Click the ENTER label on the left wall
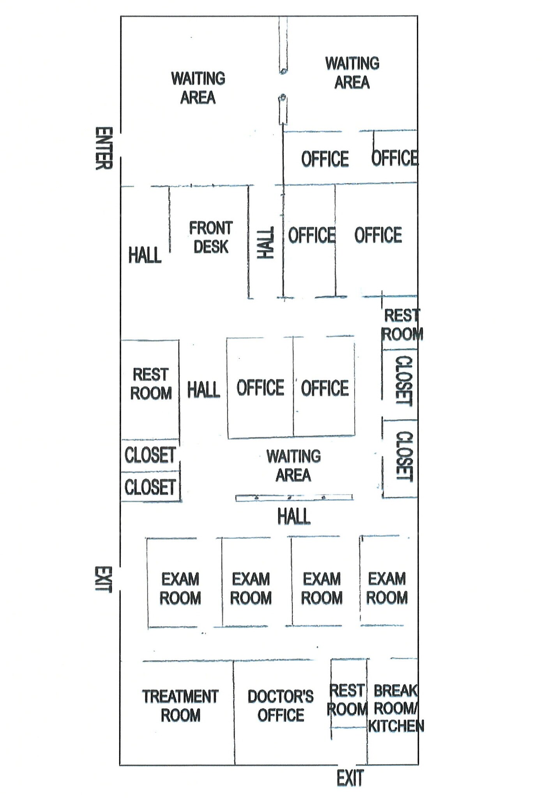pyautogui.click(x=104, y=148)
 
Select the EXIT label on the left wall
pyautogui.click(x=103, y=579)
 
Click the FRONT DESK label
pyautogui.click(x=211, y=237)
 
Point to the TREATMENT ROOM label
pyautogui.click(x=180, y=706)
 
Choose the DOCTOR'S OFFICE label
pyautogui.click(x=281, y=706)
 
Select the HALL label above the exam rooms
pyautogui.click(x=294, y=517)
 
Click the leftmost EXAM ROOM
pyautogui.click(x=180, y=588)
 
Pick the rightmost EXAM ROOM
pyautogui.click(x=387, y=588)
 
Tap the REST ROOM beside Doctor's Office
pyautogui.click(x=347, y=699)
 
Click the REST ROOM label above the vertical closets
pyautogui.click(x=402, y=325)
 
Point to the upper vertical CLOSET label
pyautogui.click(x=404, y=381)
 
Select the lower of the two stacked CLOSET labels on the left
pyautogui.click(x=150, y=487)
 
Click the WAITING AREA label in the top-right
pyautogui.click(x=352, y=73)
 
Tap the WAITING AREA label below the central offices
pyautogui.click(x=293, y=466)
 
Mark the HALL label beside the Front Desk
pyautogui.click(x=145, y=255)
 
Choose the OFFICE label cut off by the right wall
pyautogui.click(x=394, y=158)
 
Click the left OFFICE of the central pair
pyautogui.click(x=260, y=388)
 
